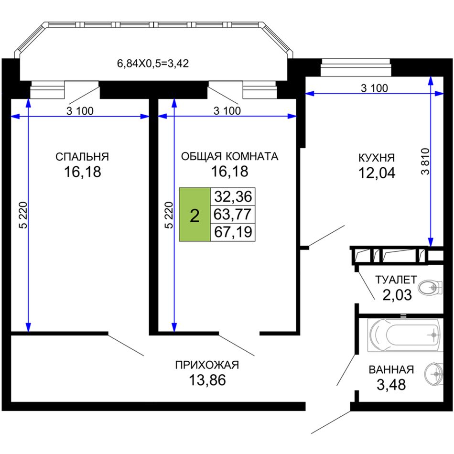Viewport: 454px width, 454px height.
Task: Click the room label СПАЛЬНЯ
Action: pyautogui.click(x=82, y=157)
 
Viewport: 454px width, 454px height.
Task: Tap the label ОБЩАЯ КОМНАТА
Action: pyautogui.click(x=229, y=156)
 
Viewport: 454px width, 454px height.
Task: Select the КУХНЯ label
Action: pyautogui.click(x=377, y=158)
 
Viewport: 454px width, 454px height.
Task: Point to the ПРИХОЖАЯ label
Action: pyautogui.click(x=207, y=365)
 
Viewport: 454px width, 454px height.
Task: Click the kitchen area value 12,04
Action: pyautogui.click(x=377, y=173)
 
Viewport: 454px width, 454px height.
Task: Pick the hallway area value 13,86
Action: pyautogui.click(x=207, y=380)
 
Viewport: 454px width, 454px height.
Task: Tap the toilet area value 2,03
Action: pyautogui.click(x=397, y=295)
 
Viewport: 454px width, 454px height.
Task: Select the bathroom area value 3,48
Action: pyautogui.click(x=391, y=385)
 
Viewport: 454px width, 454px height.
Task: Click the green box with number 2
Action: pyautogui.click(x=195, y=215)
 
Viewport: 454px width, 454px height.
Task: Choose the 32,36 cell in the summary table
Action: pyautogui.click(x=233, y=196)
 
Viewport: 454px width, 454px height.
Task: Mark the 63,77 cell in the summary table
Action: pyautogui.click(x=233, y=215)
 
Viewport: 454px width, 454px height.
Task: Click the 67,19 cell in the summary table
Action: pyautogui.click(x=233, y=232)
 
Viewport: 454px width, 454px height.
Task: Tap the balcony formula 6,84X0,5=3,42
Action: pyautogui.click(x=153, y=63)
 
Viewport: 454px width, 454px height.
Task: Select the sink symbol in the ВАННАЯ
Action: pyautogui.click(x=434, y=374)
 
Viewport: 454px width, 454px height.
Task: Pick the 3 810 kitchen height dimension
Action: pyautogui.click(x=425, y=161)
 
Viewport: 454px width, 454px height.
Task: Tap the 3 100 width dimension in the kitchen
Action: pyautogui.click(x=374, y=88)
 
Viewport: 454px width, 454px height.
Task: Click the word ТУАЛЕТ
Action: pyautogui.click(x=396, y=280)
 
